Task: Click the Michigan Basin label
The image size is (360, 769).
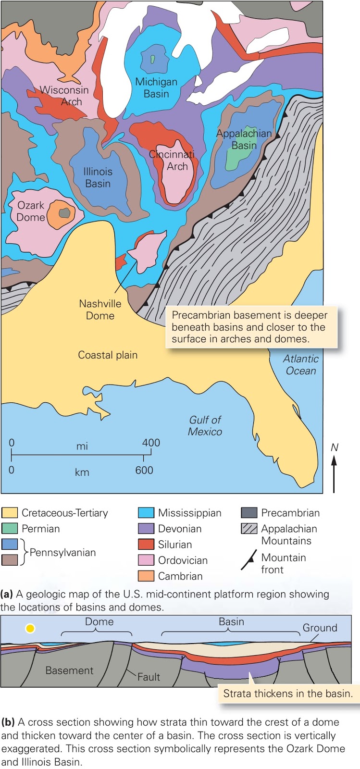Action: (x=156, y=88)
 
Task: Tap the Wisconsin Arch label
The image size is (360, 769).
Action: (x=64, y=96)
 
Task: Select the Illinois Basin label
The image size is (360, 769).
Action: (x=98, y=177)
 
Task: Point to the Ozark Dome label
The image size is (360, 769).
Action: (x=31, y=211)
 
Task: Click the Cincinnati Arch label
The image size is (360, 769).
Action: (x=172, y=161)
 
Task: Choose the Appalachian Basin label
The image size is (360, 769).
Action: (x=244, y=139)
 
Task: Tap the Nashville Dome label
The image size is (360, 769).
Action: (x=100, y=310)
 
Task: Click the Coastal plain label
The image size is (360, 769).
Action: (x=108, y=355)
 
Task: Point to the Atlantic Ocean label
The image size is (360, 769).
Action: (x=301, y=365)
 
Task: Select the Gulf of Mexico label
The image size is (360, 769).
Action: (x=205, y=425)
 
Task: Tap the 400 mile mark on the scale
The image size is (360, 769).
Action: (x=151, y=443)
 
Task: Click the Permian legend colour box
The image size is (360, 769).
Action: (x=10, y=529)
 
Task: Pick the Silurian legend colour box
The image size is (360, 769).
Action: (x=146, y=545)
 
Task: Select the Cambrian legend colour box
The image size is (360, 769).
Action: (x=146, y=576)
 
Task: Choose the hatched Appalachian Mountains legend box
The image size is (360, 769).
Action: (x=249, y=529)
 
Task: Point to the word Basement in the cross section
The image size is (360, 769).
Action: (x=69, y=670)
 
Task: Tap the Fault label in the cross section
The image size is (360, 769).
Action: (x=149, y=677)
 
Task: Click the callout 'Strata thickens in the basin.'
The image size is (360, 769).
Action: (x=288, y=694)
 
